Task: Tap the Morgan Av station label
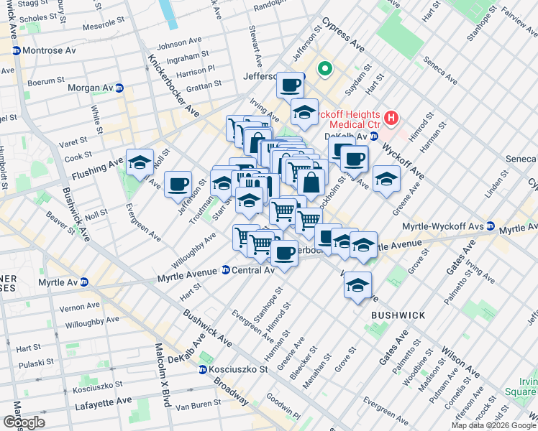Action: (91, 88)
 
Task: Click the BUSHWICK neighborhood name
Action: (398, 315)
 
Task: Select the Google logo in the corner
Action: (24, 422)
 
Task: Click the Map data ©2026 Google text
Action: (493, 425)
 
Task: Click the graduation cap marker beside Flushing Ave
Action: (140, 162)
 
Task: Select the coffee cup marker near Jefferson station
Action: (290, 85)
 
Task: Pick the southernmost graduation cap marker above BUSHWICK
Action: (357, 285)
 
